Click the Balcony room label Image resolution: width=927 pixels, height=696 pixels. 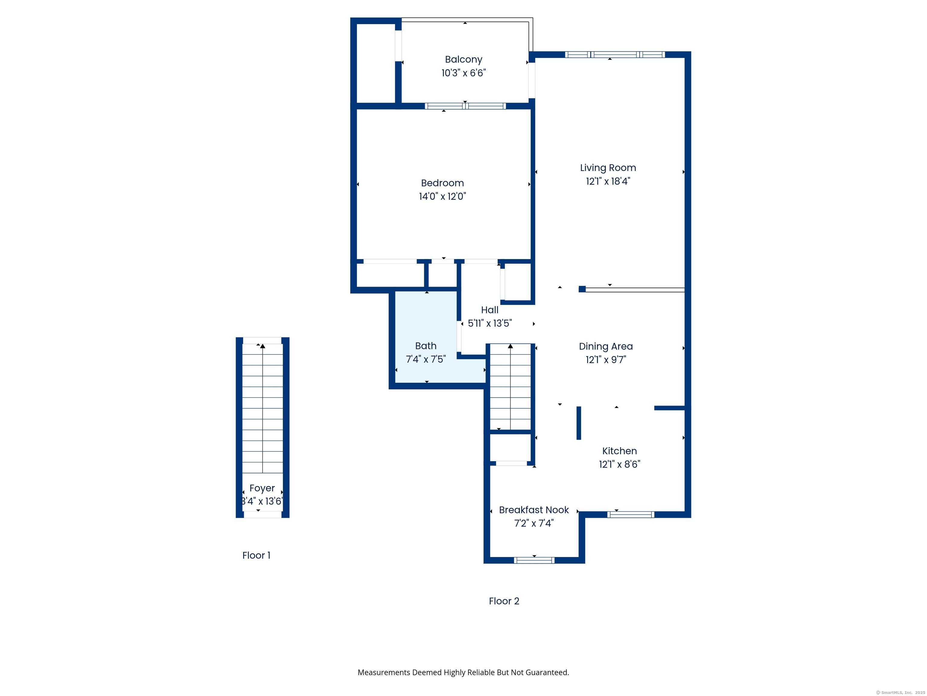point(463,60)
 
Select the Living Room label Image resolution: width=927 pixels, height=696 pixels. point(608,168)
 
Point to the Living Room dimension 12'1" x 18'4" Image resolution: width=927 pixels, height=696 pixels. point(608,181)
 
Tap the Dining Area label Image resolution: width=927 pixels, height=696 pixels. point(606,346)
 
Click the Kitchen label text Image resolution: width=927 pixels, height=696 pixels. point(620,451)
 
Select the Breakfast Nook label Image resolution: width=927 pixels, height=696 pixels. point(534,510)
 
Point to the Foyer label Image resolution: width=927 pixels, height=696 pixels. point(262,488)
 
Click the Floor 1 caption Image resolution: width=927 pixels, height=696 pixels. point(256,556)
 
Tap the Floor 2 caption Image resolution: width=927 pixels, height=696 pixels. point(504,601)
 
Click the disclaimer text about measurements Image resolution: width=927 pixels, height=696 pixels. point(463,672)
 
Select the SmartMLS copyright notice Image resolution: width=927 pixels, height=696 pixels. point(900,693)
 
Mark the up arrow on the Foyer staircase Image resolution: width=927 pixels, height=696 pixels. point(263,346)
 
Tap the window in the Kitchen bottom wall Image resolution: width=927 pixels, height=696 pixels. point(630,515)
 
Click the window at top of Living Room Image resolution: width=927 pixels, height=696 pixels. point(614,55)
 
